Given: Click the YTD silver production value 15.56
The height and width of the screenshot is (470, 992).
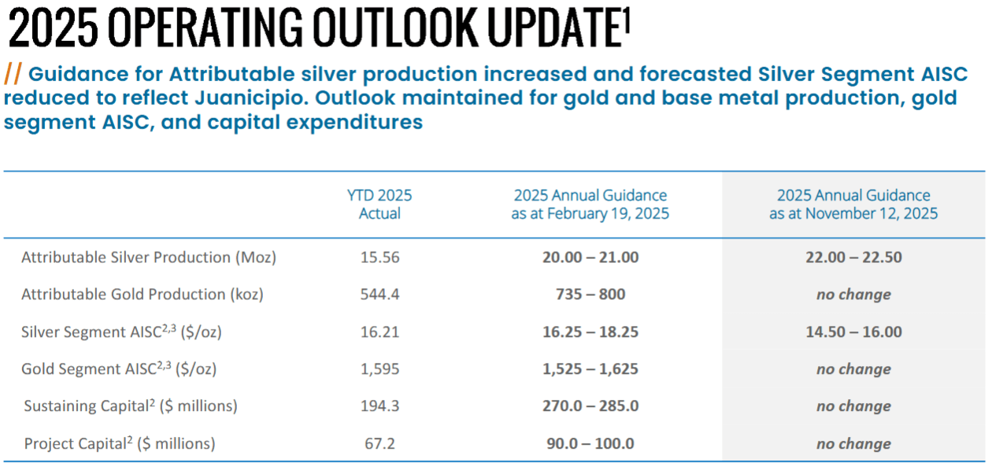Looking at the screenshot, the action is (x=379, y=257).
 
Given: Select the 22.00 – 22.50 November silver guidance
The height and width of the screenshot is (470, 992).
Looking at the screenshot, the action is (x=853, y=257).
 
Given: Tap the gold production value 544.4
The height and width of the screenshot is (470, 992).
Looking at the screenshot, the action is (x=379, y=294).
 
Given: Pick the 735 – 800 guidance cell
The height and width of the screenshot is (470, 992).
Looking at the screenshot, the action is (x=590, y=294).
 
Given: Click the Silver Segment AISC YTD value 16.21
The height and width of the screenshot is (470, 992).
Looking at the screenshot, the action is (x=379, y=331).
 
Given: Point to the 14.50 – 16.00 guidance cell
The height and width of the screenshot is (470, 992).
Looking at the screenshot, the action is (x=853, y=331).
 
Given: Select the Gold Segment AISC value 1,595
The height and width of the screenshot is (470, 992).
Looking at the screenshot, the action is (x=379, y=369).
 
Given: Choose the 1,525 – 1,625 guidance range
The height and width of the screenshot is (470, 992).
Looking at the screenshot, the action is (x=590, y=369).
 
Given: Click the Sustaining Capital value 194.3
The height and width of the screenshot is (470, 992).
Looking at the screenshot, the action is (x=379, y=405).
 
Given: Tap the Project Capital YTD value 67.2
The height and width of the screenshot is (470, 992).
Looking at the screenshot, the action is (x=379, y=443).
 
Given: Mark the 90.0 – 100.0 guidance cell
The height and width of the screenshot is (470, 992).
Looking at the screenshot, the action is (x=590, y=443).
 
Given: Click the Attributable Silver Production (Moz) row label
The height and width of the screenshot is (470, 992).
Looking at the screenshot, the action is (x=149, y=257).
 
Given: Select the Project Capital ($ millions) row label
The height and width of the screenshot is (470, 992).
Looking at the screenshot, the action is (x=120, y=443).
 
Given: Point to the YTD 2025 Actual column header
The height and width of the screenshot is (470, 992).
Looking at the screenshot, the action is (x=379, y=204).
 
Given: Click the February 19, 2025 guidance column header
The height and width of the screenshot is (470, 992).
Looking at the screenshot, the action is (x=590, y=204).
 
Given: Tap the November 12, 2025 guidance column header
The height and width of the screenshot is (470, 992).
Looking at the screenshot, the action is (x=853, y=204).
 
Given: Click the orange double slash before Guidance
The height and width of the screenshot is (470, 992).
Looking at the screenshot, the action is (x=13, y=74).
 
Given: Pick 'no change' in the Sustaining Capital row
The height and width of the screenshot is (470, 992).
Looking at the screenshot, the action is (x=853, y=406).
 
